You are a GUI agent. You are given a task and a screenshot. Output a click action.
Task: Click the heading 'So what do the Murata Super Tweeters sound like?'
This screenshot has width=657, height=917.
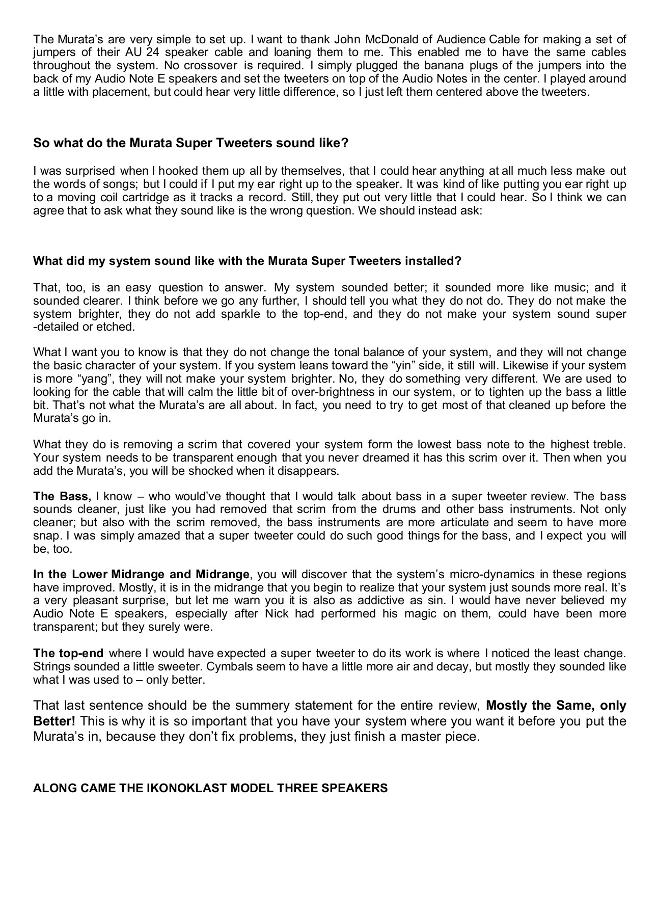click(190, 143)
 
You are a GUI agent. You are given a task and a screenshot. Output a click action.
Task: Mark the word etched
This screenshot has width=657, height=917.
click(120, 327)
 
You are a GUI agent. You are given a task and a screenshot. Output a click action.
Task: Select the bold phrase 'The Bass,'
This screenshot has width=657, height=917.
click(62, 496)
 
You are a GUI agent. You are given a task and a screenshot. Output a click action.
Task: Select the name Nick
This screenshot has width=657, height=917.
click(277, 613)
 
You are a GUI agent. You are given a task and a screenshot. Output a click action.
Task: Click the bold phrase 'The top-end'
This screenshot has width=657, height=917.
click(68, 653)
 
